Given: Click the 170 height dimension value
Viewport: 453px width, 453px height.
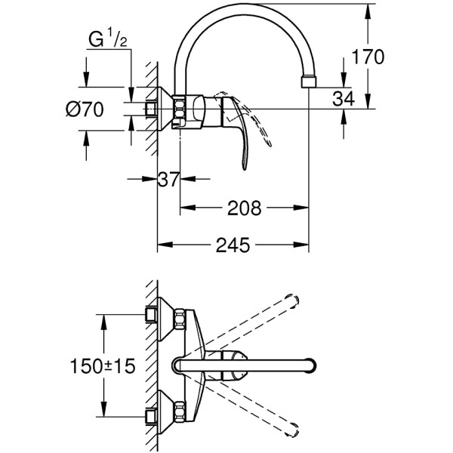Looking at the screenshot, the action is coord(368,57).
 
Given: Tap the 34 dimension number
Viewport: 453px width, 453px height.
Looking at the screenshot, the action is coord(344,98).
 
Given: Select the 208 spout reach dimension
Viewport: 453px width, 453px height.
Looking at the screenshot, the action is coord(244,208).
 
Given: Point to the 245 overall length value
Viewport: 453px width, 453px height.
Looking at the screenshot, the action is coord(233,245).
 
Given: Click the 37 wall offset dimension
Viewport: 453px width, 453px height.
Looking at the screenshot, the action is coord(168,179).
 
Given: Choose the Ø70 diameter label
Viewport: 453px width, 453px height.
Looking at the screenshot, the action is coord(85,109).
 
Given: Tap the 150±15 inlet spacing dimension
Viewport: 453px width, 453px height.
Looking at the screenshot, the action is coord(103,365).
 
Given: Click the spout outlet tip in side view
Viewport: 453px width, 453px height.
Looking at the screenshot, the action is coord(309,82).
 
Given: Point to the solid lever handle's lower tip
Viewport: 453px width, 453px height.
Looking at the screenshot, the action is coord(245,168).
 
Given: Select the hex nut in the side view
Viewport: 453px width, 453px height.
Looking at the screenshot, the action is coord(179,112).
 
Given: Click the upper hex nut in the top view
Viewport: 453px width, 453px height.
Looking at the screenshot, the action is coord(179,319).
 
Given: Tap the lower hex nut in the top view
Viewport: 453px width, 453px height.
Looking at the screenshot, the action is coord(179,411).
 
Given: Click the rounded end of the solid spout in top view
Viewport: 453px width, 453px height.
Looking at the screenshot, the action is coord(312,365).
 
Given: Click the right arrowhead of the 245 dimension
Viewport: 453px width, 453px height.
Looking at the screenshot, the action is coord(301,245).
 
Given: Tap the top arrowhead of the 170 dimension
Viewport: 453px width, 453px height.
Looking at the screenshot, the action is coord(368,11).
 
